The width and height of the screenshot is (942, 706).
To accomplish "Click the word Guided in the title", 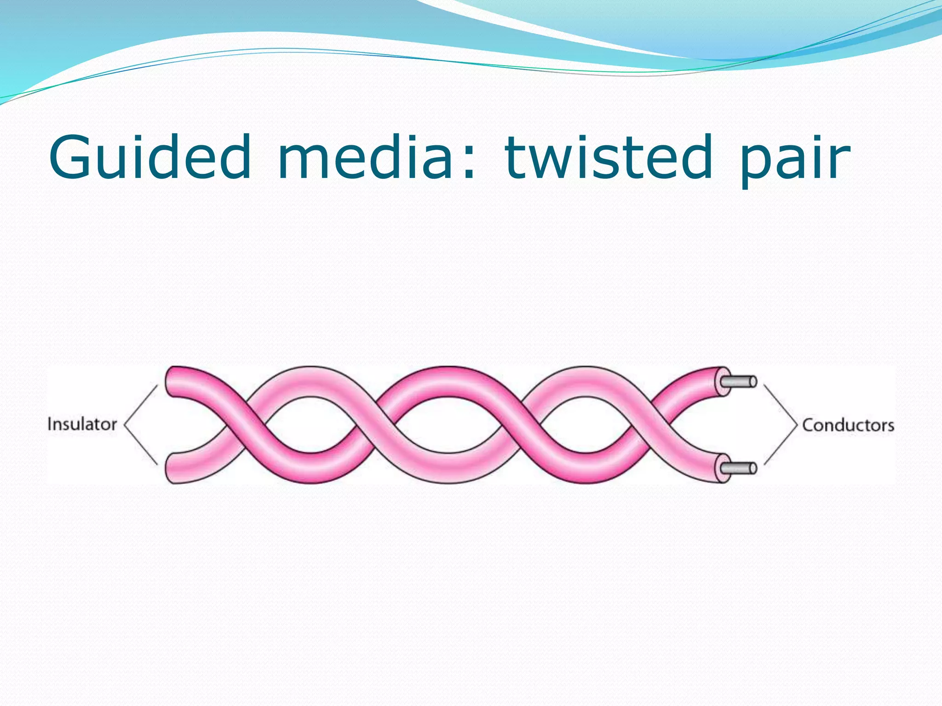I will coord(150,157).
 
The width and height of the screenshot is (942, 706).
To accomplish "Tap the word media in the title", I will coord(366,157).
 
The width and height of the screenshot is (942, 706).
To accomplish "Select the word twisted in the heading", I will coord(609,157).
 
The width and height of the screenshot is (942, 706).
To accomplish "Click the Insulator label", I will coord(82,424).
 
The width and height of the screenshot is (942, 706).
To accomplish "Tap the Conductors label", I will coord(848,425).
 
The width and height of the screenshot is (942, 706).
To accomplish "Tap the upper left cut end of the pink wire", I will coord(171,381).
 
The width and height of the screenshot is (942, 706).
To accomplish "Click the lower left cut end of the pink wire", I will coord(171,468).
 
